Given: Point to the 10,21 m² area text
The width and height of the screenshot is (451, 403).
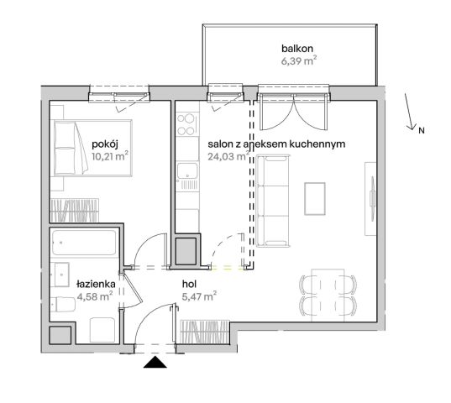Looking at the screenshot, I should click(108, 156).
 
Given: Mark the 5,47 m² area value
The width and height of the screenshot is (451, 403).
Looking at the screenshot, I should click(199, 296).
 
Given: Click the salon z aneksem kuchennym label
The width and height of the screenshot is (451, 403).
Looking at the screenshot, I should click(276, 144).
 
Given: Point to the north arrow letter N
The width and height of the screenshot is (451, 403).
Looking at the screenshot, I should click(422, 130).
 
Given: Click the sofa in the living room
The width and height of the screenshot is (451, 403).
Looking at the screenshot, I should click(271, 200).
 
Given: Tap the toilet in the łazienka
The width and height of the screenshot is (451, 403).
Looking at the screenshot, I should click(61, 305).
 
